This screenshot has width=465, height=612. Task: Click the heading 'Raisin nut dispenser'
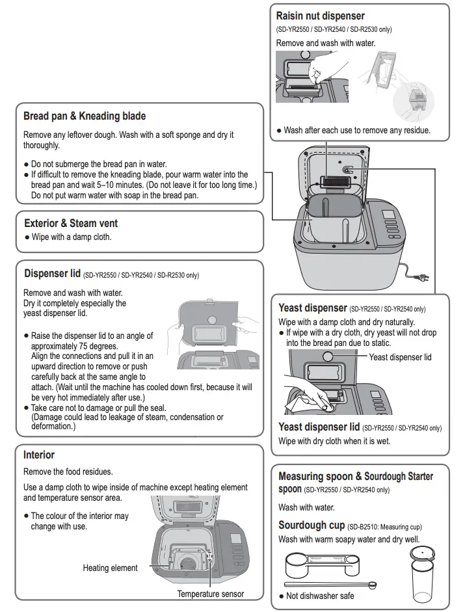tap(320, 16)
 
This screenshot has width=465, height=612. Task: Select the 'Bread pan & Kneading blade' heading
tap(85, 116)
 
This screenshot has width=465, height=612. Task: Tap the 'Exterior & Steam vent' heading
tap(70, 223)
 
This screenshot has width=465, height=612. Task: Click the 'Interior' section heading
tap(39, 455)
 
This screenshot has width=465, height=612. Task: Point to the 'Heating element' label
tap(110, 568)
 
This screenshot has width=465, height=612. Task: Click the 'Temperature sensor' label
tap(211, 594)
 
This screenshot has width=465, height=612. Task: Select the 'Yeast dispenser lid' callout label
tap(400, 357)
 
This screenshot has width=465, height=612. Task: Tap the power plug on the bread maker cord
tap(423, 278)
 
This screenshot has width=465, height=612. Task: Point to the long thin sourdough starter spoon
tap(331, 584)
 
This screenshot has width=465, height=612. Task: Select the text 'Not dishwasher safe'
tap(320, 596)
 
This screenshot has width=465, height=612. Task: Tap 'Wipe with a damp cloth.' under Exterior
tap(72, 237)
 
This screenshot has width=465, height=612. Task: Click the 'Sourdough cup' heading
tap(311, 525)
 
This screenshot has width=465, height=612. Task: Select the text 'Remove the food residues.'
tap(68, 472)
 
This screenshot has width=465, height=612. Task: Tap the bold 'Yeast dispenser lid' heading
tap(319, 427)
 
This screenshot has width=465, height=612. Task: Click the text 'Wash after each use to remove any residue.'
tap(356, 130)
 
